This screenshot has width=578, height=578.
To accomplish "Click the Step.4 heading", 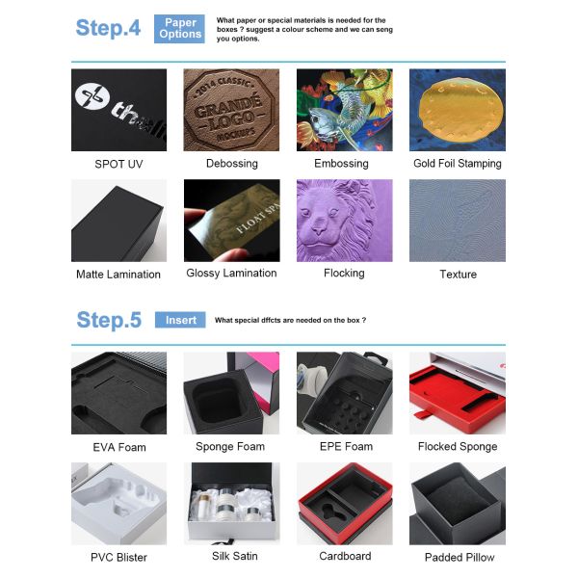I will tap(108, 28).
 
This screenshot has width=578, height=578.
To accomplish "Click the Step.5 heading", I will tap(108, 320).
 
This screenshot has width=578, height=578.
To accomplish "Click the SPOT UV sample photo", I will tap(118, 110).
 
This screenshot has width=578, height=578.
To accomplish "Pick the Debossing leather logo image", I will tap(231, 110).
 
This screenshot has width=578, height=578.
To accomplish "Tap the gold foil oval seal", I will tap(457, 106).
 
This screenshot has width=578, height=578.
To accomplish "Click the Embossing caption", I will tap(342, 164).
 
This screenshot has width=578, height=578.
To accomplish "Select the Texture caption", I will tap(458, 275).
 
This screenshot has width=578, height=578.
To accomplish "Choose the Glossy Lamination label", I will tap(231, 274).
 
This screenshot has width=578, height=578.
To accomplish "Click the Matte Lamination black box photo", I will tap(118, 221).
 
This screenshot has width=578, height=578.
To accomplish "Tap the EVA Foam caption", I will tap(119, 448).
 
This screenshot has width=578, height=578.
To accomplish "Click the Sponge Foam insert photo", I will tap(231, 392).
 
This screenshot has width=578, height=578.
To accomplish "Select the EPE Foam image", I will tap(344, 392).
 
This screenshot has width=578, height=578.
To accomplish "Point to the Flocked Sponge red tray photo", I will tap(457, 392).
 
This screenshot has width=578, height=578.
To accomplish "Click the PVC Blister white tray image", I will tap(118, 504).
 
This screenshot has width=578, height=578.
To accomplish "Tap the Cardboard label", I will tap(345, 556).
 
